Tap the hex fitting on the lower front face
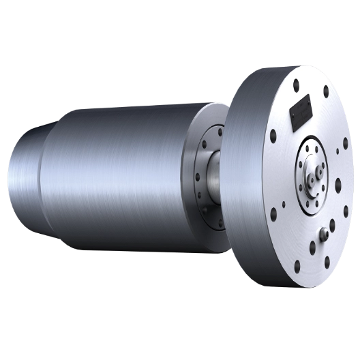point(323,235)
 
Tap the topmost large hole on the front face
point(297,85)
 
